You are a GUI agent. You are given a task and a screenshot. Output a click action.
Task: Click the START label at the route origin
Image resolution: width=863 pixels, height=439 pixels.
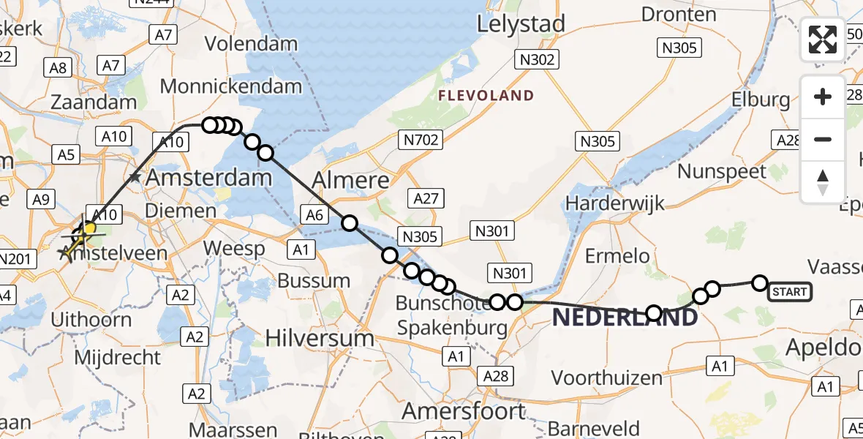pos(789,292)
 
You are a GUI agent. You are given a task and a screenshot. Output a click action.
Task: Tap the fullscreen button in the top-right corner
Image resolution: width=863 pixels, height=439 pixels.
pos(823,39)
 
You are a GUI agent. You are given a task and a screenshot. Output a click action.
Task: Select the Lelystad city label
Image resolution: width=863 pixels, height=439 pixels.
pos(521,24)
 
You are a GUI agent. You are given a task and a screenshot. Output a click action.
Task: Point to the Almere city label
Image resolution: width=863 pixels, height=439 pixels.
pos(350,180)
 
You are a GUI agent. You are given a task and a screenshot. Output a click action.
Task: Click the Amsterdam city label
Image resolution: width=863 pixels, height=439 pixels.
pos(209,177)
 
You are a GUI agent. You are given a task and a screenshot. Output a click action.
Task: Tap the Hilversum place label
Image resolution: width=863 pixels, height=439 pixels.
pos(320,338)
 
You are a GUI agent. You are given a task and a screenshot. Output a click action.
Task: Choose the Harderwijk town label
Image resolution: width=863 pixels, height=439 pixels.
pos(615,203)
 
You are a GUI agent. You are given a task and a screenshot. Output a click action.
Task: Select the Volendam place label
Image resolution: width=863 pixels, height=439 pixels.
pos(251,43)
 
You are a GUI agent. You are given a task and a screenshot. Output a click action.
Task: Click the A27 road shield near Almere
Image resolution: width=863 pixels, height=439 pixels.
pos(426,198)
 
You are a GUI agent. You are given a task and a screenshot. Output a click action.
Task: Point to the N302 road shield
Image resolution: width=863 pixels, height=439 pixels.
pos(537,60)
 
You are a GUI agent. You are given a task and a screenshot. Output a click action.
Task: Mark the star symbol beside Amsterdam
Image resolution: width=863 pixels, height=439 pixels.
pos(134,177)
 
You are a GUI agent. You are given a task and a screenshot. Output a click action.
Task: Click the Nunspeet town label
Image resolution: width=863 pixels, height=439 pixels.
pos(722,172)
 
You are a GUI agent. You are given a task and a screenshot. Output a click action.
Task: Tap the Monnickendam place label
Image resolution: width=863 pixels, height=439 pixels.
pos(230,86)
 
